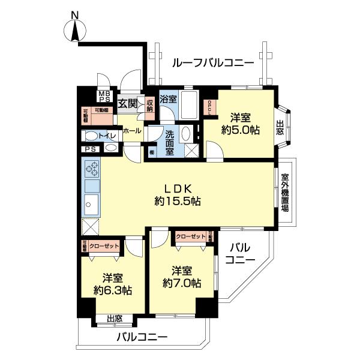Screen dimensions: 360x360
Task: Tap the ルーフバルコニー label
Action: coord(212,62)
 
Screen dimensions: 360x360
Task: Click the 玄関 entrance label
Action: coord(127,104)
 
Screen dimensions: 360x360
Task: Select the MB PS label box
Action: coord(104,97)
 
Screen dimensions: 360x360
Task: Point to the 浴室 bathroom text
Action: coord(168,99)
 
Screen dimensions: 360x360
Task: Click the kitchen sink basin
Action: coord(92,204)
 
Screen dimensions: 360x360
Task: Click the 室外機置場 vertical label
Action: coord(285,192)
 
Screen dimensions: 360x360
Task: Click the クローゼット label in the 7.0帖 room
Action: coord(190,237)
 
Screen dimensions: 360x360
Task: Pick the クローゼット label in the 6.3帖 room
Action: coord(103,246)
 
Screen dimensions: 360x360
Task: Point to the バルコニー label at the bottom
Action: coord(142,338)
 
